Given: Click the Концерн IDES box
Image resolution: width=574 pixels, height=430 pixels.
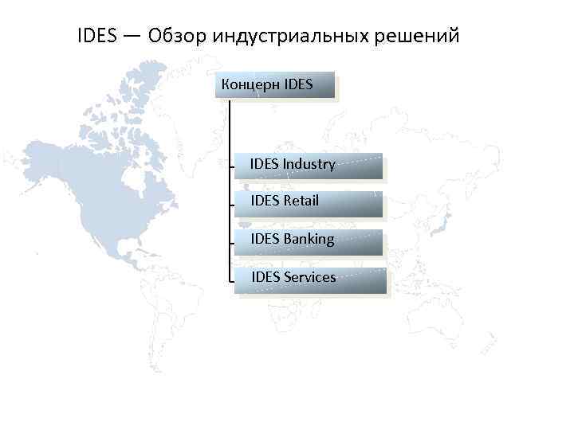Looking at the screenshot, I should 275,84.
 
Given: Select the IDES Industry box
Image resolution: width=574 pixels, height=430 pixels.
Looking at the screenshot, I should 309,166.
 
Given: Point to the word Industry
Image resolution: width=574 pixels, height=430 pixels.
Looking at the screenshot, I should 309,165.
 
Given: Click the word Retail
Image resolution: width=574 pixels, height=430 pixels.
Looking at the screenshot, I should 301,201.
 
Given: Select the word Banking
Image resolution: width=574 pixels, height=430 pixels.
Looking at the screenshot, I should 309,239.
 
